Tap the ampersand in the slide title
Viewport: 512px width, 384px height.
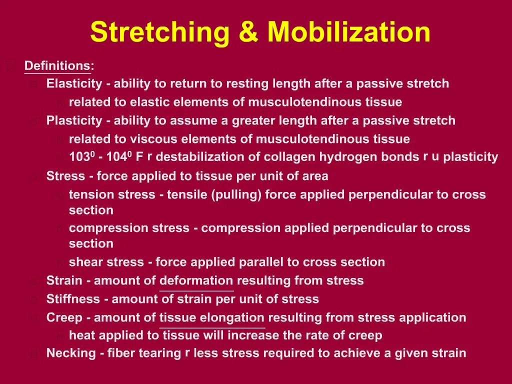(x=249, y=32)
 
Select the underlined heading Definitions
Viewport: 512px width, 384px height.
(x=57, y=66)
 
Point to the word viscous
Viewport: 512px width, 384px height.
(x=151, y=139)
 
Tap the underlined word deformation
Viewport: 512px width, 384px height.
(x=196, y=280)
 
